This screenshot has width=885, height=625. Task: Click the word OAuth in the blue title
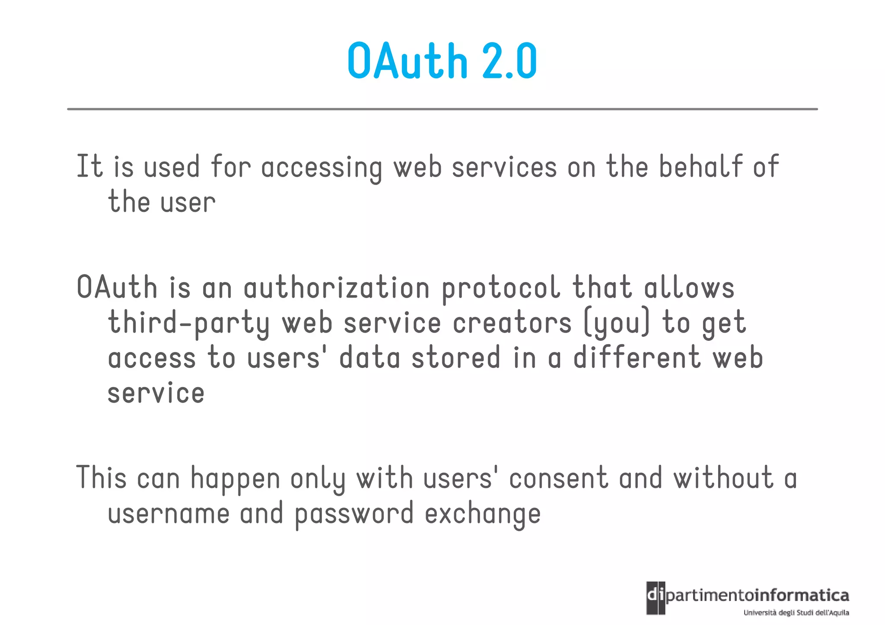click(x=407, y=61)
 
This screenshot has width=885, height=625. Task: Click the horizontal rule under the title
click(x=442, y=109)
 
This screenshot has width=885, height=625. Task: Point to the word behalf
click(x=700, y=167)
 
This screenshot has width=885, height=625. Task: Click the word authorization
click(x=337, y=288)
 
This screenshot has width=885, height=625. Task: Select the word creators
click(x=512, y=324)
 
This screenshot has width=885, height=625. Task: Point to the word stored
click(x=456, y=358)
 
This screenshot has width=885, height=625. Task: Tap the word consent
click(x=558, y=479)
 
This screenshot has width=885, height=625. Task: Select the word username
click(x=169, y=514)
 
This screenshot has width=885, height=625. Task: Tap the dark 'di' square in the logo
click(x=656, y=598)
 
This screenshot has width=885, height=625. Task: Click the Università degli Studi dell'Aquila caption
click(x=796, y=612)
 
